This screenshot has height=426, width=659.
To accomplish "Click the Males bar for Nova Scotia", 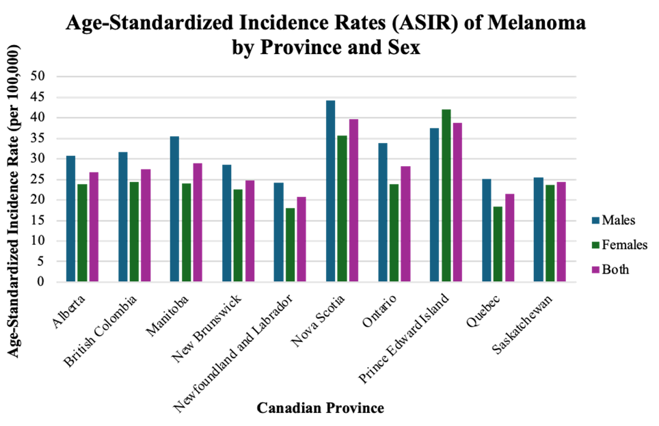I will click(330, 191).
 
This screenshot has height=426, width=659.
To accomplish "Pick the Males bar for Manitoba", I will click(174, 209).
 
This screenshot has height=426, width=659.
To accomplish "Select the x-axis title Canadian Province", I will click(320, 408).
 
